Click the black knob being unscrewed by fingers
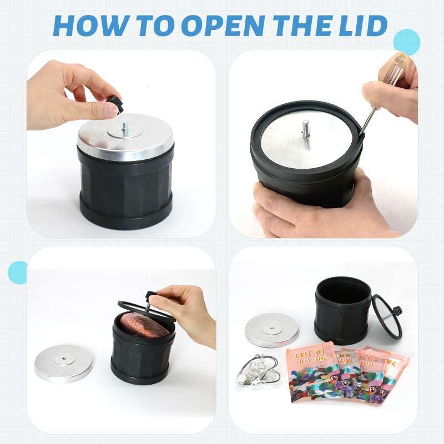tap(114, 103)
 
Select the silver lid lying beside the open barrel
tap(63, 364)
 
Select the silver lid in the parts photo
tap(272, 330)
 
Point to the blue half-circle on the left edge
tap(17, 272)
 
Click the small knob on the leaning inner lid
tap(398, 310)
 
